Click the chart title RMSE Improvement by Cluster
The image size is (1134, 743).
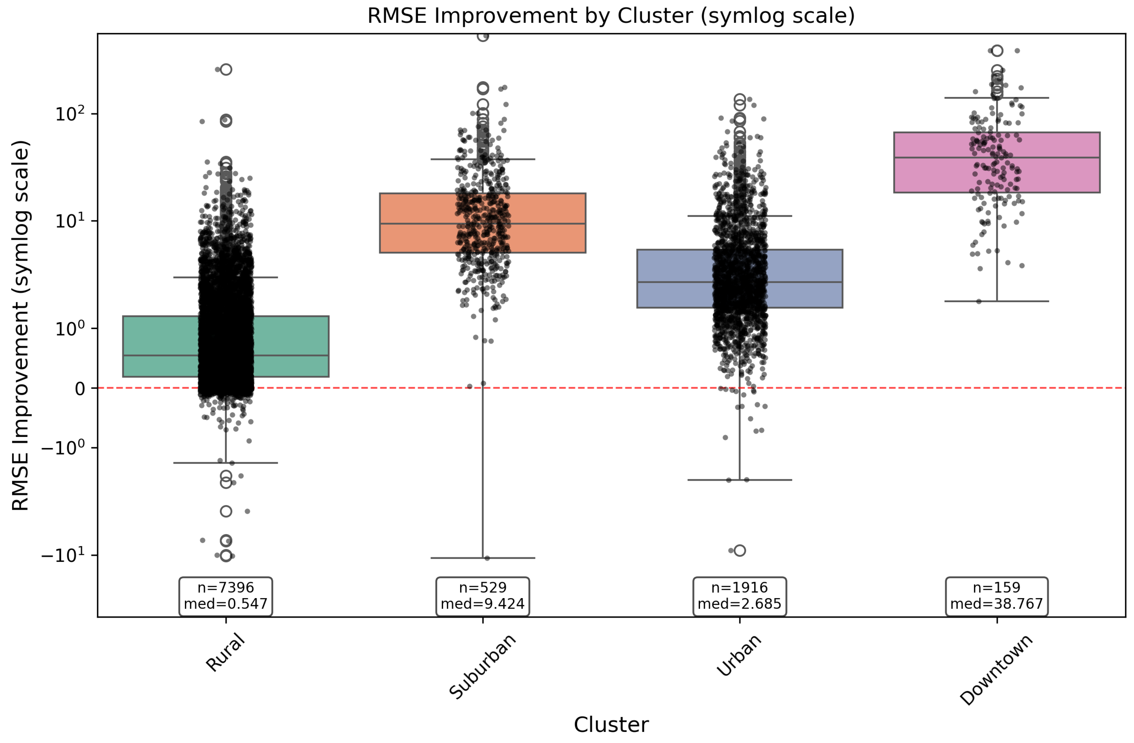[611, 16]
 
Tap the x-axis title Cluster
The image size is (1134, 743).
[611, 724]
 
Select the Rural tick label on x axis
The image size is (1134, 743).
[225, 653]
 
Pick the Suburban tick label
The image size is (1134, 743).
[483, 666]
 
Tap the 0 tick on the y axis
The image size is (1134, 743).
[80, 389]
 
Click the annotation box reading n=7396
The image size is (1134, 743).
[225, 596]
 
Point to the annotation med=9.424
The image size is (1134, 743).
[483, 604]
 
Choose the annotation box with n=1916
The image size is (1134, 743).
[740, 596]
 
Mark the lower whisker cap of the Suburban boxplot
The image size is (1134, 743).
[483, 558]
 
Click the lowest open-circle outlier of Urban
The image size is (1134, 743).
[740, 551]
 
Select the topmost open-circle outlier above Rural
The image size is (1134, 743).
[226, 70]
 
